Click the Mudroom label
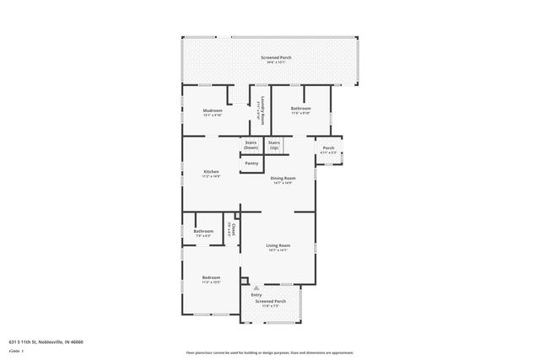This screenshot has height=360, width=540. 213,110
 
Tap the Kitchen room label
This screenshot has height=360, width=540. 211,171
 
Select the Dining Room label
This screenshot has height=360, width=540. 283,178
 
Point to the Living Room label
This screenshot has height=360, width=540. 278,245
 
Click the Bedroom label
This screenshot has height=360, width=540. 211,277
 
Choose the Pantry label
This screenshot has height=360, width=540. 251,163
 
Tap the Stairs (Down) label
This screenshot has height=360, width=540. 251,145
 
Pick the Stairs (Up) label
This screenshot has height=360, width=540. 274,145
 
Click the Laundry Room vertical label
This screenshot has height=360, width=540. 262,110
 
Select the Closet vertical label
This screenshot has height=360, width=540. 234,228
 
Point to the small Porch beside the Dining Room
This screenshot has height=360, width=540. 328,148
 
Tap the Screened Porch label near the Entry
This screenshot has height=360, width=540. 271,301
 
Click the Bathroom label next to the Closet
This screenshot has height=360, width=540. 203,231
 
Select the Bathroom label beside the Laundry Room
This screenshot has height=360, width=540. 301,108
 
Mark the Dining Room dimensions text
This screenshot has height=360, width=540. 283,183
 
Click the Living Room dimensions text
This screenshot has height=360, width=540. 278,250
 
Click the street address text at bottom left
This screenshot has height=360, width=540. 46,341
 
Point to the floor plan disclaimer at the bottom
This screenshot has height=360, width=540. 270,352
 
